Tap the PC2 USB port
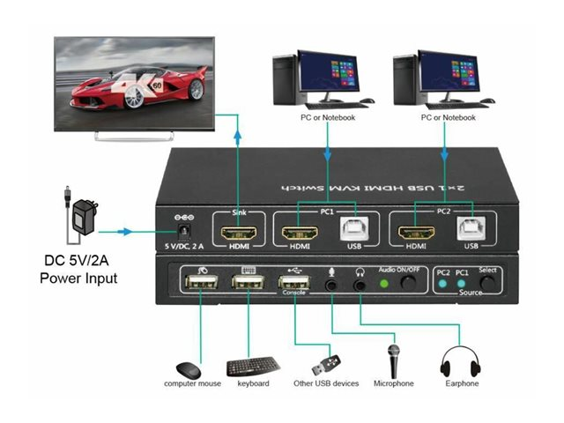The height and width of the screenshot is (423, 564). coord(469,230)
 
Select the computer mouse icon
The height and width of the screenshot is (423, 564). coord(188,371)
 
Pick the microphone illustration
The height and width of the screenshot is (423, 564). coord(393,359)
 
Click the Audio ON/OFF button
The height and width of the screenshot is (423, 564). coord(408,284)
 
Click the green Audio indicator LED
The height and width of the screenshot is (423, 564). coord(383,284)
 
